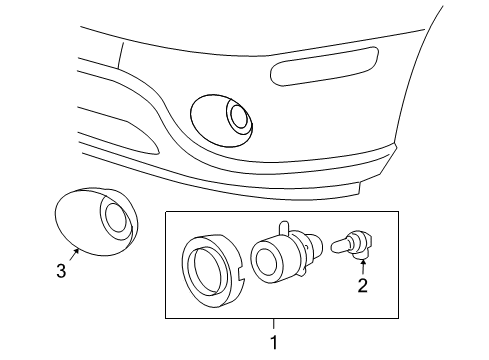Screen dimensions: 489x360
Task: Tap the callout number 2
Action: point(363,287)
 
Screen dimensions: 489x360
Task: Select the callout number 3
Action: point(62,269)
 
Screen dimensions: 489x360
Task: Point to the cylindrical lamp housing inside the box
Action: point(274,258)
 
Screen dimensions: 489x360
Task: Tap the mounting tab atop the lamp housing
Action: point(284,228)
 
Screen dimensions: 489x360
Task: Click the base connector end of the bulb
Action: point(365,241)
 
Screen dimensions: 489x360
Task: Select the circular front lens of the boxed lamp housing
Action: point(264,262)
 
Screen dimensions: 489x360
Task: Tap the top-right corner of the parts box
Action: point(397,211)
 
